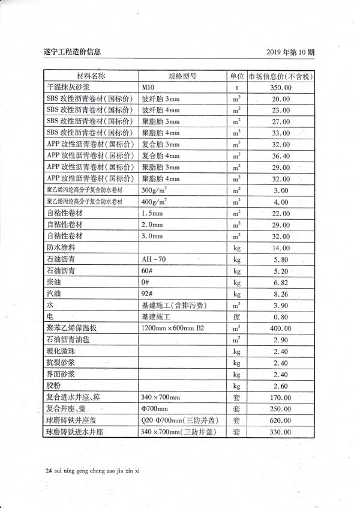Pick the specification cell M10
148,88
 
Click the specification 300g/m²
154,190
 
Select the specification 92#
147,294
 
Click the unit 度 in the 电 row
236,316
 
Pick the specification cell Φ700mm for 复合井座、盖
155,408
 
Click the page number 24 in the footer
49,471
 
